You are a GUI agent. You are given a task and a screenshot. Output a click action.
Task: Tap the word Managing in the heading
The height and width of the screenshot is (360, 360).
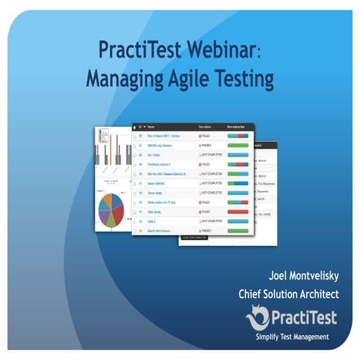[x=121, y=77]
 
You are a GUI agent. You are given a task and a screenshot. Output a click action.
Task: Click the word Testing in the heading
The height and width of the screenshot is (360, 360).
[x=241, y=77]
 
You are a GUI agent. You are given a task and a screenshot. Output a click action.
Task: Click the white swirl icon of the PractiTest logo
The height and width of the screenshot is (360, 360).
[x=256, y=318]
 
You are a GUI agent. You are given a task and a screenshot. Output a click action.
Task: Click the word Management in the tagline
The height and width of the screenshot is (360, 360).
[x=308, y=337]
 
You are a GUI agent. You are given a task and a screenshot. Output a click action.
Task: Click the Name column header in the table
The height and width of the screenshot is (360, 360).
[x=152, y=127]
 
